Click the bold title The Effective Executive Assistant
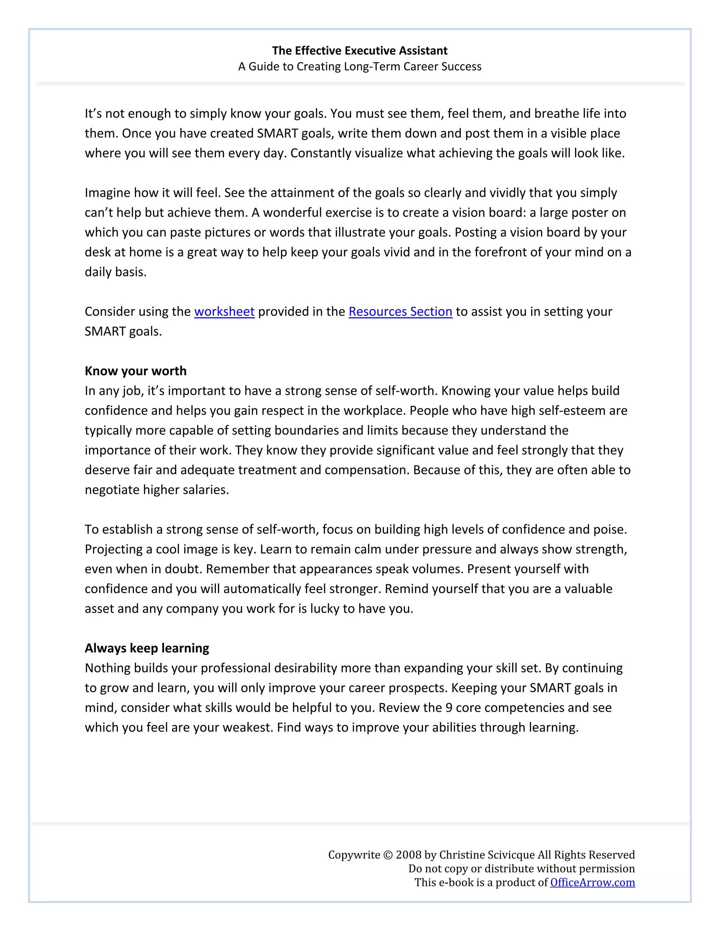tap(360, 51)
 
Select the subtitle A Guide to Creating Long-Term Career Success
tap(360, 66)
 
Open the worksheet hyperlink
tap(224, 312)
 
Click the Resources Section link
tap(400, 312)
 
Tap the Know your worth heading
tap(136, 371)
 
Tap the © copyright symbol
tap(388, 855)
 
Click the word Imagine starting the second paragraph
tap(108, 193)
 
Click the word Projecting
tap(114, 549)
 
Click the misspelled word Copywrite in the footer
tap(354, 855)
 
